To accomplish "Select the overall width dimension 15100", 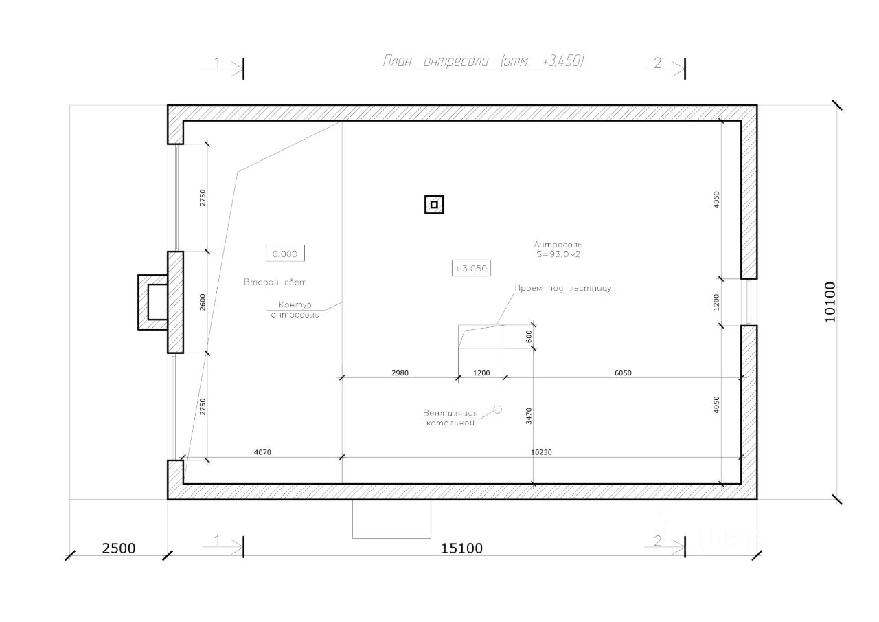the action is (x=461, y=548).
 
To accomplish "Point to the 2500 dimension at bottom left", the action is (x=118, y=548).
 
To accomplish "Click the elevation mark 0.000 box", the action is (x=285, y=254).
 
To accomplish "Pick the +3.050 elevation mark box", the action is (x=472, y=269).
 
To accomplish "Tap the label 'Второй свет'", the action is (x=277, y=282).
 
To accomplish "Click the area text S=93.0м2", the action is (x=558, y=254).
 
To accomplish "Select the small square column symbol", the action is (x=433, y=204).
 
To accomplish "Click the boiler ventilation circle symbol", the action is (x=498, y=409).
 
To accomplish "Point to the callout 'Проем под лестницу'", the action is (x=567, y=289).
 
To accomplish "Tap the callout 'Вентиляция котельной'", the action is (x=450, y=418).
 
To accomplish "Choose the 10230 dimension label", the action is (x=543, y=452).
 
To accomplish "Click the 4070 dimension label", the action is (x=262, y=452).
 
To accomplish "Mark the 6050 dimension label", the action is (x=622, y=373).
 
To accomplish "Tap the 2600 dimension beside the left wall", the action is (x=202, y=302).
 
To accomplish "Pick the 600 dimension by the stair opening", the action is (x=529, y=336).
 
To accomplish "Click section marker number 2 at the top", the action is (x=657, y=63).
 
